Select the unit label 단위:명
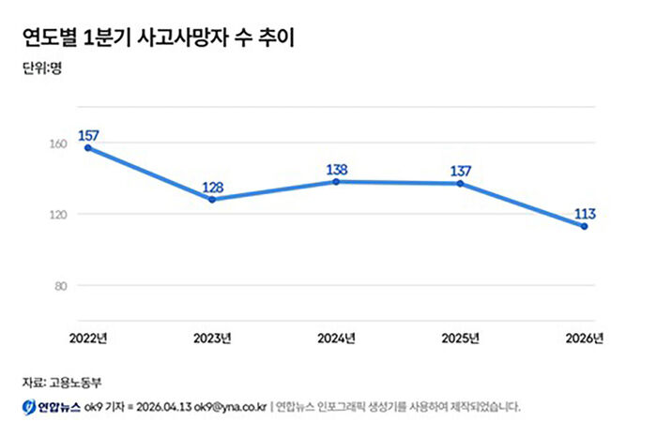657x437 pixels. pos(41,68)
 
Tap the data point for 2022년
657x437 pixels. pos(88,148)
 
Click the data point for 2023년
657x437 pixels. pos(212,200)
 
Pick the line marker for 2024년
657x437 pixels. pos(336,182)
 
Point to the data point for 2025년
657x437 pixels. pos(460,184)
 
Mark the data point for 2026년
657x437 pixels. pos(584,226)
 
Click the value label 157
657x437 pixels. pos(88,135)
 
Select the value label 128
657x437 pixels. pos(212,187)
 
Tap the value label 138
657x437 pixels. pos(336,169)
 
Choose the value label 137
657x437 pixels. pos(460,171)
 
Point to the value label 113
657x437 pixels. pos(584,213)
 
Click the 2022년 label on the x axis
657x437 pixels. pos(88,338)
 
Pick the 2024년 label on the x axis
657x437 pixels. pos(336,338)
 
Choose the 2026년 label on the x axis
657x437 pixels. pos(584,338)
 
